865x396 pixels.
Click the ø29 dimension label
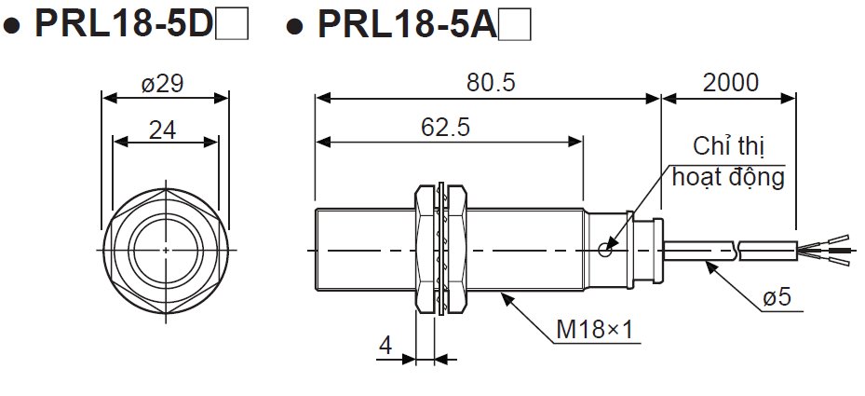pyautogui.click(x=162, y=84)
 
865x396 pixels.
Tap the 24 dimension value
pyautogui.click(x=162, y=130)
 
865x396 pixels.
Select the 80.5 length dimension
pyautogui.click(x=491, y=83)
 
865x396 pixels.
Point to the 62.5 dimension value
pyautogui.click(x=445, y=128)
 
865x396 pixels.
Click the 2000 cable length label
pyautogui.click(x=730, y=83)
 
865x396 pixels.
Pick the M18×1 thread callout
pyautogui.click(x=595, y=330)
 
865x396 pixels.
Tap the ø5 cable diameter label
pyautogui.click(x=777, y=297)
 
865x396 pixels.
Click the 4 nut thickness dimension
pyautogui.click(x=385, y=346)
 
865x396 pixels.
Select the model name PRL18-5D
pyautogui.click(x=124, y=23)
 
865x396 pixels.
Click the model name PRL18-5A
pyautogui.click(x=407, y=23)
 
